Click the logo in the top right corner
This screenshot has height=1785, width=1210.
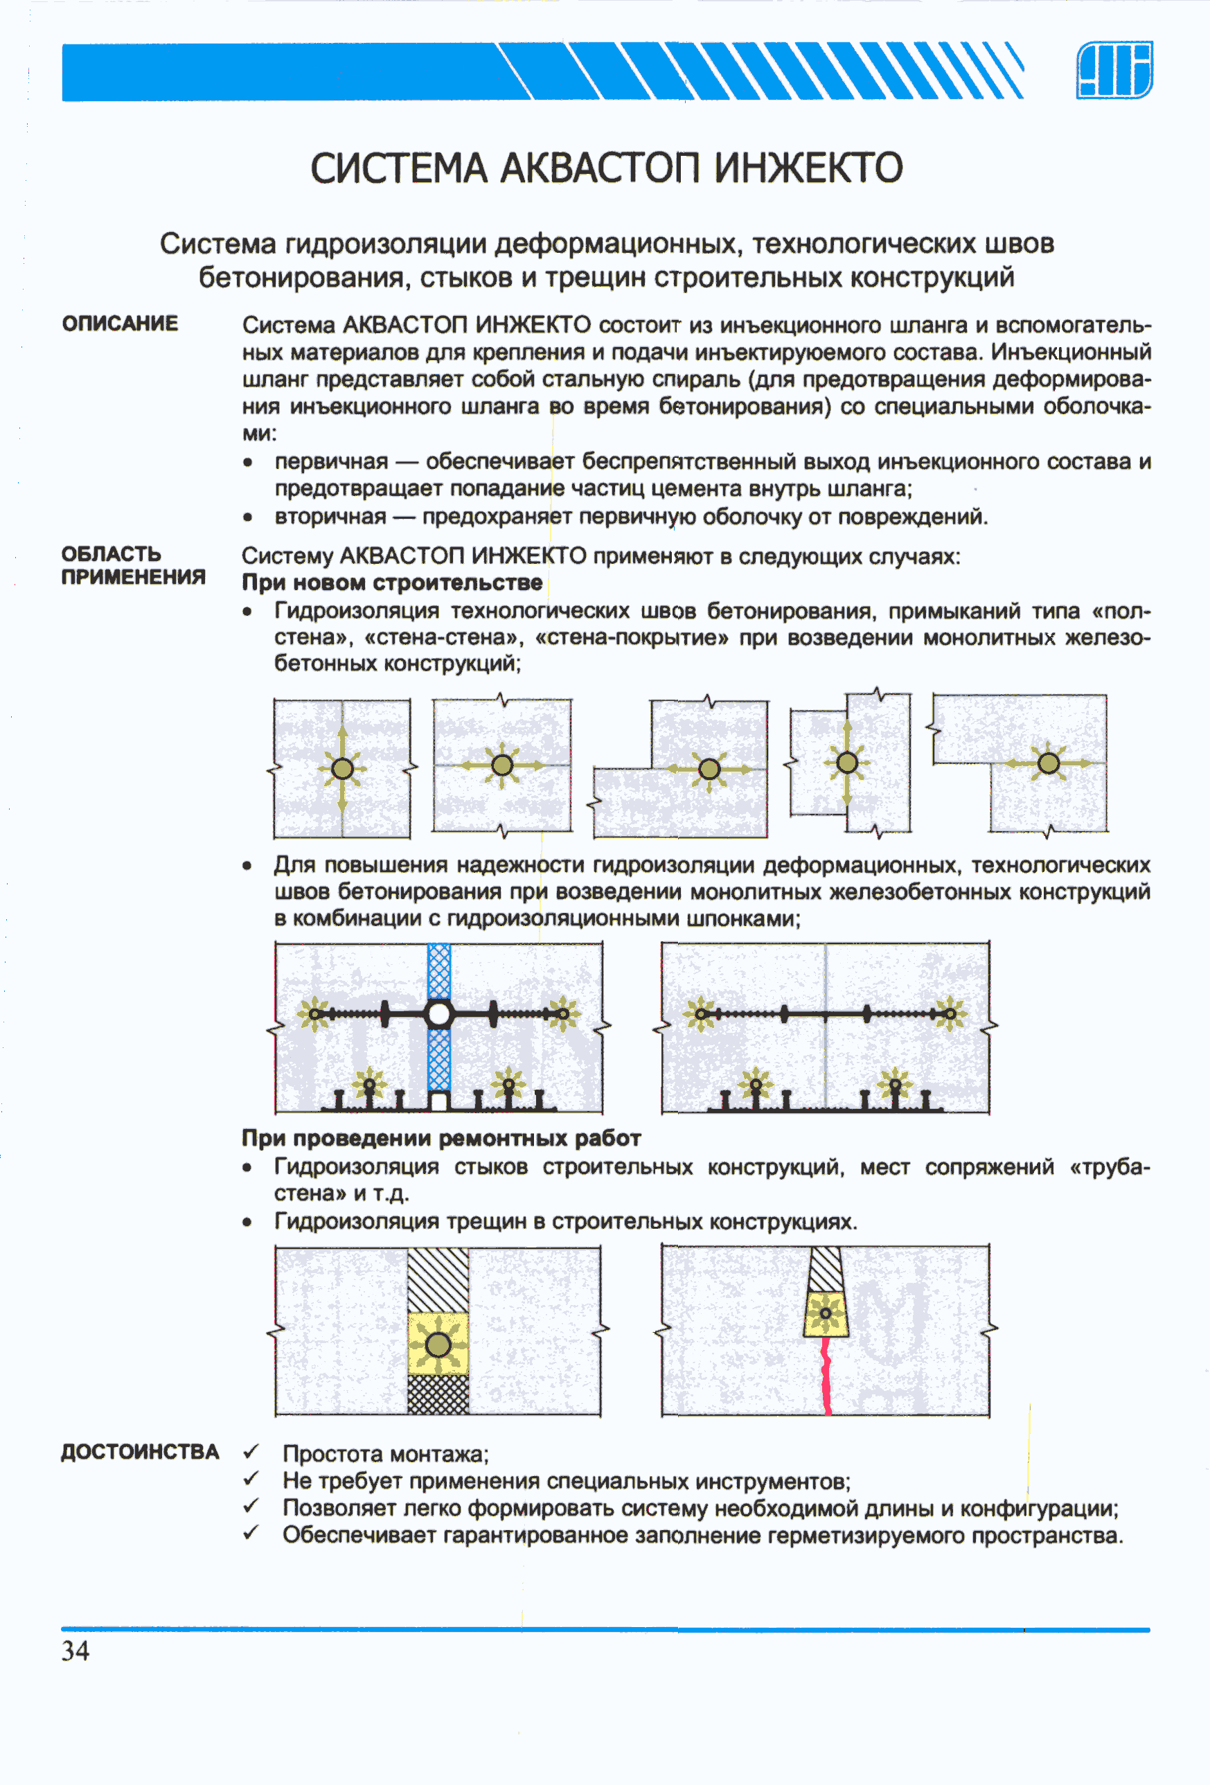pos(1114,70)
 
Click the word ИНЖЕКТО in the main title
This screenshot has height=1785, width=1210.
pos(808,168)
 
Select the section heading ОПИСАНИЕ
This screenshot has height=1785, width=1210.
pos(120,323)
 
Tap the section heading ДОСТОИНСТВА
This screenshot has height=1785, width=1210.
pos(140,1452)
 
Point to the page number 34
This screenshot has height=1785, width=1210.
pos(75,1651)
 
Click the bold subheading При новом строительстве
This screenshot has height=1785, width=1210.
pos(392,583)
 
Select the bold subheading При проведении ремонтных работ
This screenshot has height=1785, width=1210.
pos(441,1138)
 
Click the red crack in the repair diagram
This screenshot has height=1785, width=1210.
pos(827,1375)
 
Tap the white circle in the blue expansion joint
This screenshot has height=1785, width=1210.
pos(438,1014)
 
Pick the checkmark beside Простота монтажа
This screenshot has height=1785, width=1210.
pos(251,1452)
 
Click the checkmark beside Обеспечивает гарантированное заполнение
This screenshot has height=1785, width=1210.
pos(251,1534)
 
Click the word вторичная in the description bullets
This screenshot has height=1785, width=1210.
pos(330,516)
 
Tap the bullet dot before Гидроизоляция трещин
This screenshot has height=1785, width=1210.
pos(247,1222)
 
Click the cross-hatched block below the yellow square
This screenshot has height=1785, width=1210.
pos(438,1394)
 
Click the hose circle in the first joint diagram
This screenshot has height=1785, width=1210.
pos(342,768)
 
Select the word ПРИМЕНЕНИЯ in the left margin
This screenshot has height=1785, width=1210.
pos(133,577)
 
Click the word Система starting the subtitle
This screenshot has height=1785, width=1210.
pos(217,244)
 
